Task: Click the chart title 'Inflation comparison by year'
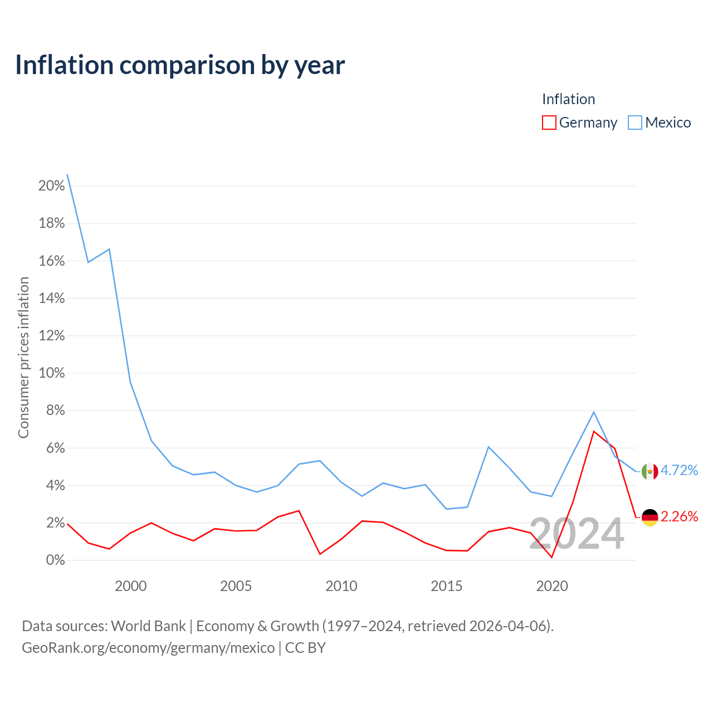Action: click(180, 65)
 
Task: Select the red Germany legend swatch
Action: click(549, 123)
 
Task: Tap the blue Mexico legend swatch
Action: click(634, 123)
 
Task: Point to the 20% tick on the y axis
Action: click(51, 185)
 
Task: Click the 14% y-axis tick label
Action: click(51, 298)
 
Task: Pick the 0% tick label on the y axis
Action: click(55, 560)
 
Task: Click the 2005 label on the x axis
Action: click(236, 586)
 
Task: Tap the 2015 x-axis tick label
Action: click(446, 586)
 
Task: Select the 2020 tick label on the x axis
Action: click(551, 586)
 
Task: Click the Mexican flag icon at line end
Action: click(649, 471)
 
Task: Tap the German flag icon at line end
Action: click(649, 517)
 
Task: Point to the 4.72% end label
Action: click(679, 470)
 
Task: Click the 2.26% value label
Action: click(679, 516)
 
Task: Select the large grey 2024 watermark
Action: click(577, 533)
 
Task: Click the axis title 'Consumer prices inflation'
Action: click(24, 358)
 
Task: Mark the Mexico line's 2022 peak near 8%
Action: click(593, 412)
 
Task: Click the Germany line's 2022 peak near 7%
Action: click(593, 432)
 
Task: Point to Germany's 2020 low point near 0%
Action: click(551, 557)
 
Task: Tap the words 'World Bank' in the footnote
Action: click(148, 626)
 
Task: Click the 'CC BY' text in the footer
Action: click(305, 648)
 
